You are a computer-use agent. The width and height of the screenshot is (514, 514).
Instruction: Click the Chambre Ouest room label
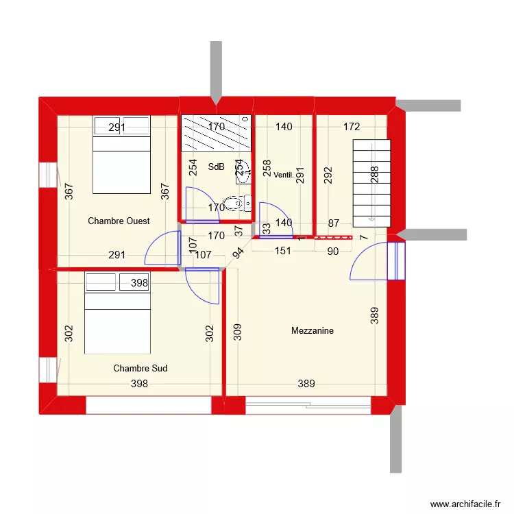(119, 221)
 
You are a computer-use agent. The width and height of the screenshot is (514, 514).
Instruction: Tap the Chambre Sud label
(140, 369)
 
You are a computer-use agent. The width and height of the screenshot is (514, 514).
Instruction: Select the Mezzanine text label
(312, 331)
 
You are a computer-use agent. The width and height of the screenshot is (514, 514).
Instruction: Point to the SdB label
(216, 167)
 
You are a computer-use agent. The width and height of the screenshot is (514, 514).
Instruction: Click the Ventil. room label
(283, 175)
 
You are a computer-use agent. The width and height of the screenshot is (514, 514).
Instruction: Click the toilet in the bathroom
(237, 203)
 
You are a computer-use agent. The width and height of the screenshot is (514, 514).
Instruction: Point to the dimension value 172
(352, 127)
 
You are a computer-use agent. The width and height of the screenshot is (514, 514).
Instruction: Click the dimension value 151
(283, 251)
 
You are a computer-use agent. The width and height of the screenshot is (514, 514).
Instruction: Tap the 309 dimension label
(236, 333)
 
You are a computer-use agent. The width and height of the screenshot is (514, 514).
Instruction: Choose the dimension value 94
(238, 252)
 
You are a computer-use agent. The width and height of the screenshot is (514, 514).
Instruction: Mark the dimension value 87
(334, 223)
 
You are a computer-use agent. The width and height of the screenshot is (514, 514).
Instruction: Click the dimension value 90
(332, 251)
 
